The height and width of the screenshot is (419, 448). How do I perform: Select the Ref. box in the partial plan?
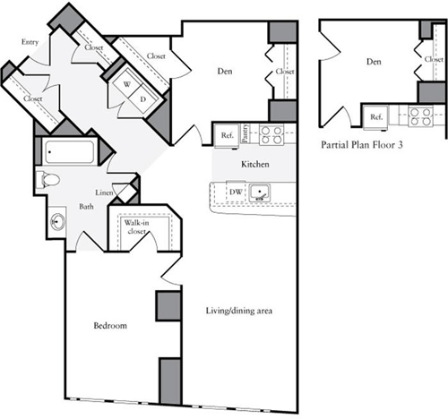376,116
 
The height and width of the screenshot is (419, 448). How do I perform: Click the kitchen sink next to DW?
260,192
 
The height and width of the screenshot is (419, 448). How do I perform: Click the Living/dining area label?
232,311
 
